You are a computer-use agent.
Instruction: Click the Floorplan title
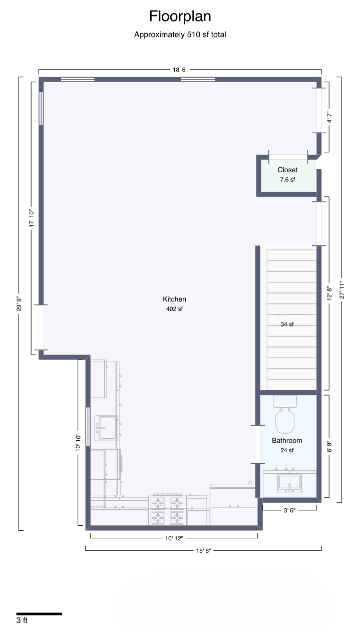[180, 17]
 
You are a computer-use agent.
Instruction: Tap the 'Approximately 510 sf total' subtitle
[180, 35]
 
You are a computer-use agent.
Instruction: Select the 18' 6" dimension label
[180, 70]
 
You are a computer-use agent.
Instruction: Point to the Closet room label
[287, 170]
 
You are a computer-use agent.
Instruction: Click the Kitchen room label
[174, 299]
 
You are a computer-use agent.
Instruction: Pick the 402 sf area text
[174, 309]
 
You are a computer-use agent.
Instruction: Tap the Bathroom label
[287, 441]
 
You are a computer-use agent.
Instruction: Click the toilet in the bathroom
[285, 414]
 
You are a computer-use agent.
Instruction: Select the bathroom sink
[289, 484]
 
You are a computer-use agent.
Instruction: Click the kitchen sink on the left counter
[106, 428]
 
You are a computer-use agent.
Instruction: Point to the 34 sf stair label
[287, 325]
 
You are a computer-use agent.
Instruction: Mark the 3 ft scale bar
[39, 614]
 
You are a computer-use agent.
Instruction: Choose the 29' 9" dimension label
[19, 303]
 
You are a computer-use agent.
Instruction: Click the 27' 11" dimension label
[342, 290]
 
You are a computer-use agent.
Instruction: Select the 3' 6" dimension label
[289, 510]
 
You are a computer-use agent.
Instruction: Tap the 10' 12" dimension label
[174, 538]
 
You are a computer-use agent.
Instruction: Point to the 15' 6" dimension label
[203, 551]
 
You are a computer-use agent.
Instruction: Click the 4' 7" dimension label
[329, 117]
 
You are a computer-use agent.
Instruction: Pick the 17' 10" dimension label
[32, 218]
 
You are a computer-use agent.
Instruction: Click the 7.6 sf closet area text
[287, 179]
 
